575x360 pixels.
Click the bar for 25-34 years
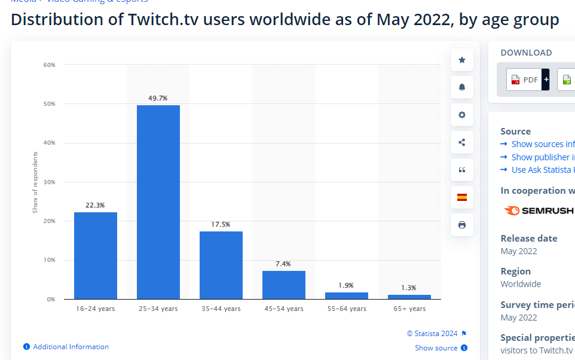158,202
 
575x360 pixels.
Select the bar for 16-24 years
96,255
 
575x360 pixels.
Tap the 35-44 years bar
221,265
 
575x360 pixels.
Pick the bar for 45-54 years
284,285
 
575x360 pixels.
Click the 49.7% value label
158,97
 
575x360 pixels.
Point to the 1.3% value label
409,288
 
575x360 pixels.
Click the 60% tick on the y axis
49,65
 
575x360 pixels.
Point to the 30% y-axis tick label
49,182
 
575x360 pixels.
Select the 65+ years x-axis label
409,309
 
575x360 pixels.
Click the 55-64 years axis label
347,309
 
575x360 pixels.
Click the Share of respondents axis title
35,182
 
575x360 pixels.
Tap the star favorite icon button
462,60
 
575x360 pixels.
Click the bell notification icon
462,87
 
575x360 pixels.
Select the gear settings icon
462,115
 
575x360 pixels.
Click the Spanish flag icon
462,197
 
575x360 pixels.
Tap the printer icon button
462,225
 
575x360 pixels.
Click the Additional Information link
71,347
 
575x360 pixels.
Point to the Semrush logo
539,210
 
